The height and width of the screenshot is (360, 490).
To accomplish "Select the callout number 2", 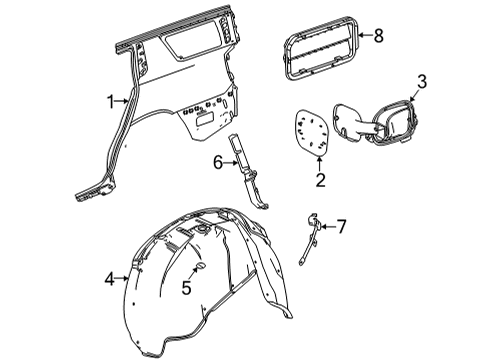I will coord(321,180).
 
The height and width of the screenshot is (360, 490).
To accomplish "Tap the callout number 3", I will coord(422,82).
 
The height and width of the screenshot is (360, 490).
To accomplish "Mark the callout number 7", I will coord(341,227).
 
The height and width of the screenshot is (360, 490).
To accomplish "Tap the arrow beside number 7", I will coord(326,227).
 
